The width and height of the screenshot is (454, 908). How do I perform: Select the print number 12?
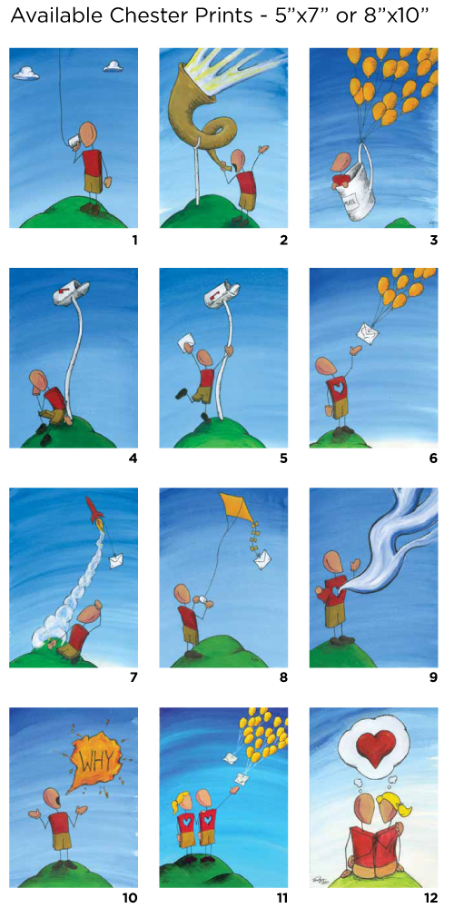pyautogui.click(x=429, y=898)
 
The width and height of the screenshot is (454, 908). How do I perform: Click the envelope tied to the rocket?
pyautogui.click(x=116, y=560)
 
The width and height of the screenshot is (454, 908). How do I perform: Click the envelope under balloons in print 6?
pyautogui.click(x=366, y=333)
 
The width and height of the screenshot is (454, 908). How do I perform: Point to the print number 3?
pyautogui.click(x=433, y=239)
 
